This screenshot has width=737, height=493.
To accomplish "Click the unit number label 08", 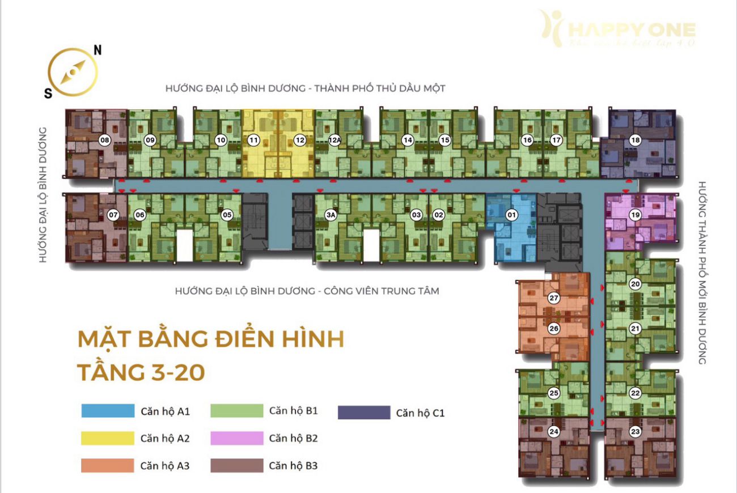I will pyautogui.click(x=104, y=140).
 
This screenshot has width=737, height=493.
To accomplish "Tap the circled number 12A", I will pyautogui.click(x=334, y=140).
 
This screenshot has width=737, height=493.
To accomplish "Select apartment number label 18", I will pyautogui.click(x=636, y=140).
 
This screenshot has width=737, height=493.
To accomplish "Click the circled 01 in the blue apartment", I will pyautogui.click(x=511, y=215).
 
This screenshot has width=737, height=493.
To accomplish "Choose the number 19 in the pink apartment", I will pyautogui.click(x=636, y=215).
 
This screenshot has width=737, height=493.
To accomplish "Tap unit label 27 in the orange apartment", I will pyautogui.click(x=554, y=298).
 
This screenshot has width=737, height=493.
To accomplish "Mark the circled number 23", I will pyautogui.click(x=636, y=432).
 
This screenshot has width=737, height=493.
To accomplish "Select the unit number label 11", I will pyautogui.click(x=253, y=140).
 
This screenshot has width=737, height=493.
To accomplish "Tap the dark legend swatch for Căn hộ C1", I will pyautogui.click(x=364, y=413).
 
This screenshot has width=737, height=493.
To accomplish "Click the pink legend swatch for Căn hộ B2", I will pyautogui.click(x=237, y=438).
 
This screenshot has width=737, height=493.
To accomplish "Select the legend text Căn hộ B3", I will pyautogui.click(x=293, y=466).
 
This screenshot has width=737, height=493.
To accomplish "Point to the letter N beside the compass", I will pyautogui.click(x=98, y=50).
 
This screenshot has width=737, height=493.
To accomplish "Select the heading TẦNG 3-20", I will pyautogui.click(x=141, y=372).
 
